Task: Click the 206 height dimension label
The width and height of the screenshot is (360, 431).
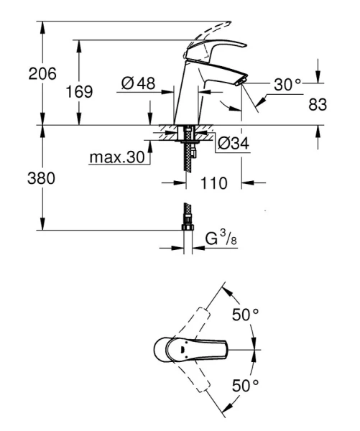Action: pos(20,73)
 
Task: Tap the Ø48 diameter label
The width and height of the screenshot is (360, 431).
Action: pos(138,84)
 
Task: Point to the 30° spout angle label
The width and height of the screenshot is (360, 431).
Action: pos(287,84)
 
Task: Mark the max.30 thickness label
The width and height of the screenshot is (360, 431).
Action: pos(117,157)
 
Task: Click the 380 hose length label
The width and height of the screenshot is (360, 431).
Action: pos(20,177)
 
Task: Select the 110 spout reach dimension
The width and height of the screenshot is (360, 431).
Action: pos(213,183)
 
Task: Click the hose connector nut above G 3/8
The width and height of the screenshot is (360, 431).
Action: pos(188,226)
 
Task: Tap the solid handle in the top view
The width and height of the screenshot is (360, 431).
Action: pos(190,351)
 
